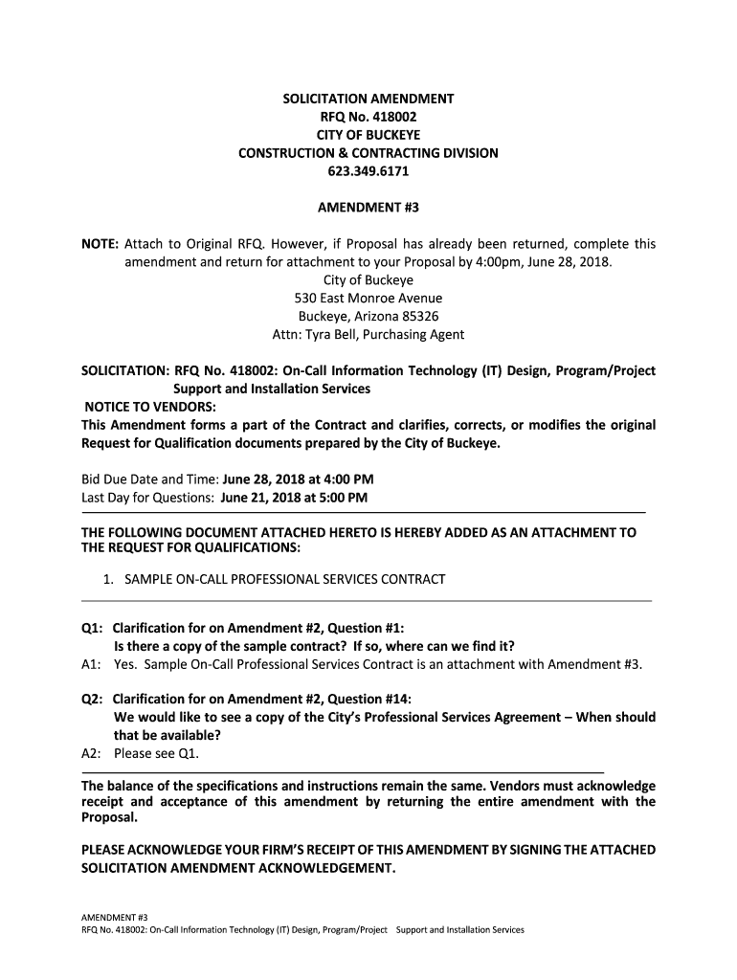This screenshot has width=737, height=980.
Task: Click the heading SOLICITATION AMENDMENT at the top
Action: click(x=368, y=99)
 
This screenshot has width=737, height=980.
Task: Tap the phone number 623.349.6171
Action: click(x=368, y=171)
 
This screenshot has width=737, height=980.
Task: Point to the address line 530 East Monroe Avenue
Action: click(x=368, y=298)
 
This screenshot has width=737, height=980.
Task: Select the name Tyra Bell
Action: click(x=344, y=334)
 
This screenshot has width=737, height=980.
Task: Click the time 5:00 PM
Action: click(x=338, y=498)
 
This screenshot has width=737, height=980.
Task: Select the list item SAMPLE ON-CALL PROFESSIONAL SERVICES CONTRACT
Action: click(x=279, y=579)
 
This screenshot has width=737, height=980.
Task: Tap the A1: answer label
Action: click(x=92, y=663)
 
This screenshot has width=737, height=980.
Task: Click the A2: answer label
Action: click(x=92, y=752)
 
